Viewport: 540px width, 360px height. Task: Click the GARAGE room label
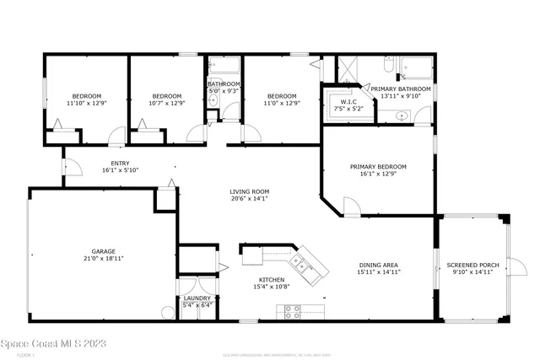[104, 250]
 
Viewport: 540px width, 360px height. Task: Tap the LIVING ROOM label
[249, 191]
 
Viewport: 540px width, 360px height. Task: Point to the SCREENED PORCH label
[472, 265]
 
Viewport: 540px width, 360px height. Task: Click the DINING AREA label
[378, 265]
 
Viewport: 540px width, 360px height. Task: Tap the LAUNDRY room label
[197, 298]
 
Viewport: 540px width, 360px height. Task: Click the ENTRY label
[120, 163]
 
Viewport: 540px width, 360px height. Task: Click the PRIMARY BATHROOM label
[401, 89]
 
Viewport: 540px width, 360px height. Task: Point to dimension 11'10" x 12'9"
[84, 103]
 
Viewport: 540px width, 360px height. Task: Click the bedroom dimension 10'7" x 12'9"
[165, 103]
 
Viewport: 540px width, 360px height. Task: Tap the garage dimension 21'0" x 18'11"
[104, 258]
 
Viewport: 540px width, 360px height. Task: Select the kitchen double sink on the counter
[306, 271]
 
